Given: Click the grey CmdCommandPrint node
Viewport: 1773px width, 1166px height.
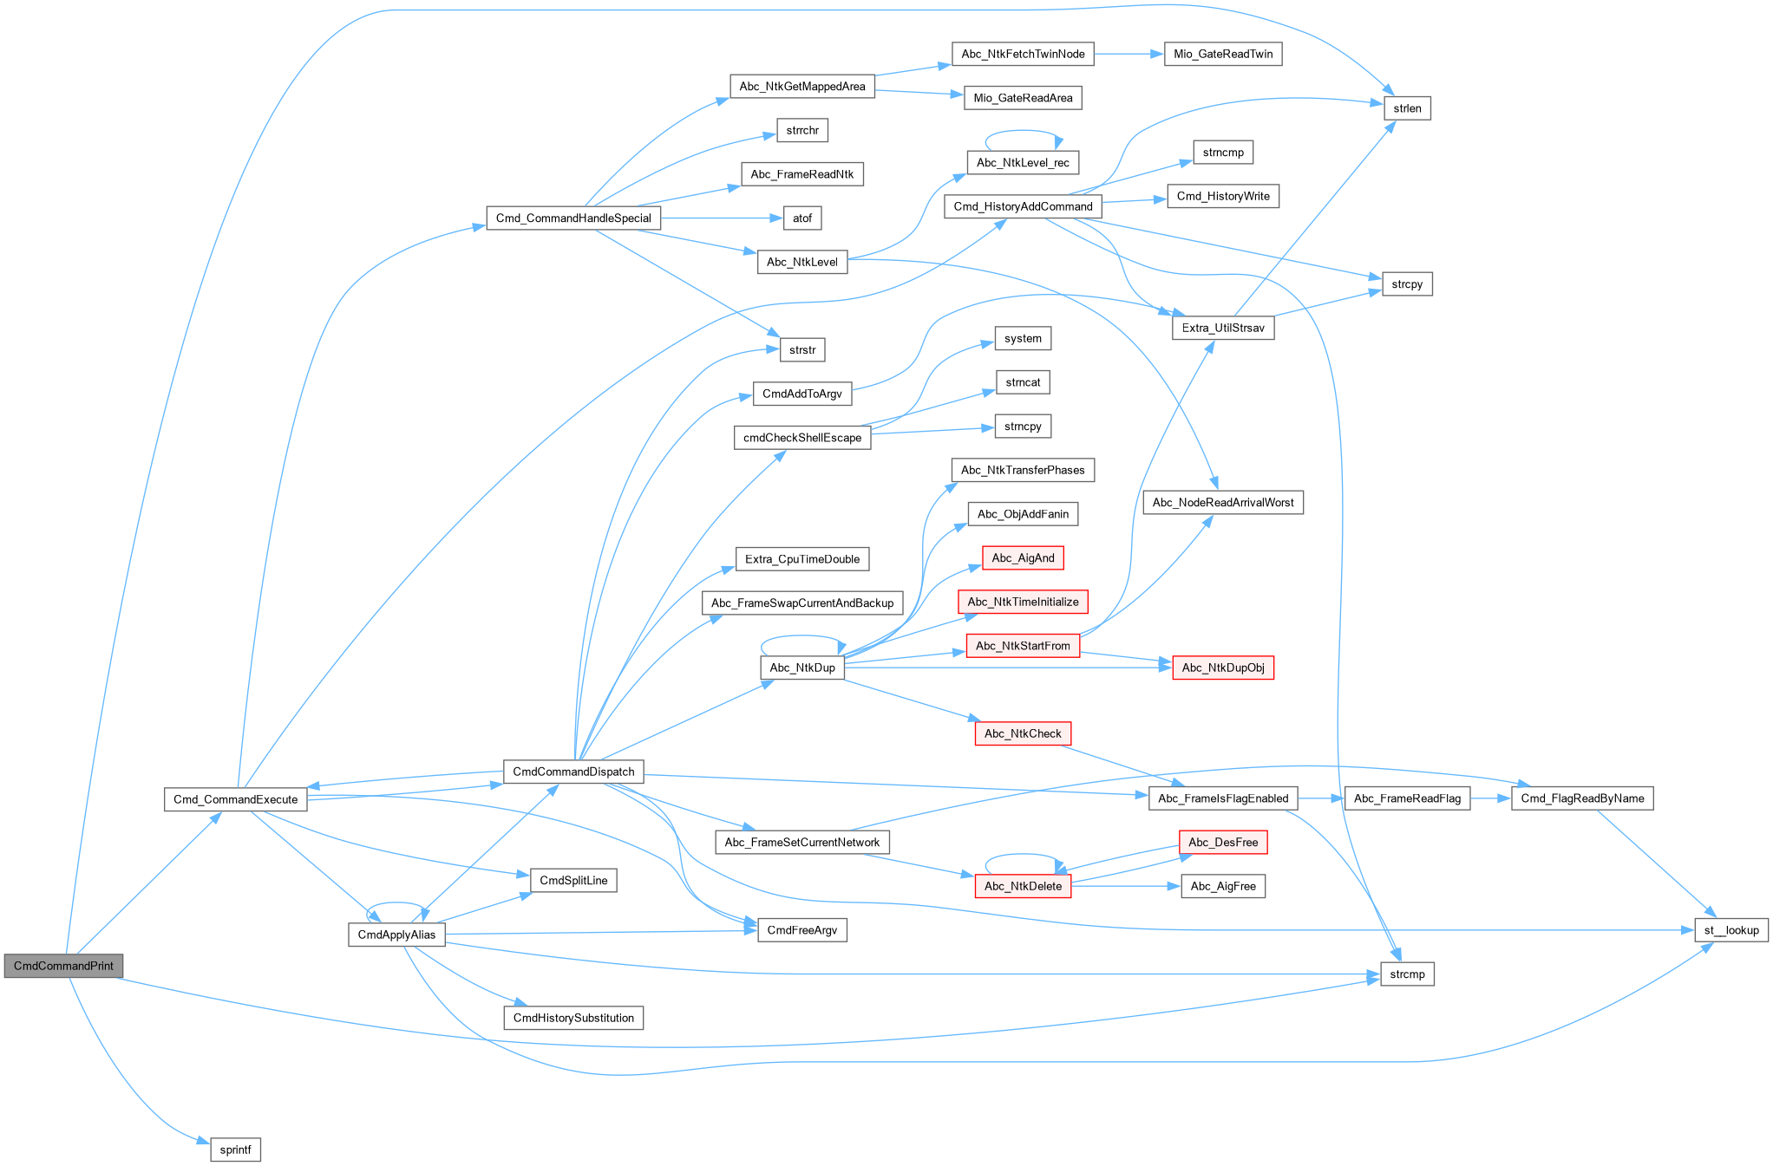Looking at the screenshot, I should [63, 966].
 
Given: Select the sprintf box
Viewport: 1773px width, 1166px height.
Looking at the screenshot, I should [235, 1150].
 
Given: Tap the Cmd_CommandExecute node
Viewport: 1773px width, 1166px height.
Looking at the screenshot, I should [235, 799].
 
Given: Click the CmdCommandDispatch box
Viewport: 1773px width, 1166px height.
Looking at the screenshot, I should [573, 772].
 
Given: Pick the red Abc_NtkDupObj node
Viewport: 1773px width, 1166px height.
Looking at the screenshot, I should [1223, 668].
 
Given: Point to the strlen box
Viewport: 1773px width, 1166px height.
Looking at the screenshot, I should [1407, 108].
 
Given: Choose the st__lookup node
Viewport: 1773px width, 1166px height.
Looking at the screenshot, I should [1731, 930].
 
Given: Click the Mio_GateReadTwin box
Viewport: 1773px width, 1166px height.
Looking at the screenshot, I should [1223, 54].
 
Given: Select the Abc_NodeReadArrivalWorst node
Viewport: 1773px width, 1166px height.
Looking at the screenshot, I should [1223, 502].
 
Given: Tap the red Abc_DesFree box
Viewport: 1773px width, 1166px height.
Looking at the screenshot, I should [1223, 842].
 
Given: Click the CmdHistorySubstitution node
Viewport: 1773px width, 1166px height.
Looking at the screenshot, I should [573, 1018].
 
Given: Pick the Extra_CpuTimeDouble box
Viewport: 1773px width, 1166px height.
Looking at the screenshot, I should [802, 559].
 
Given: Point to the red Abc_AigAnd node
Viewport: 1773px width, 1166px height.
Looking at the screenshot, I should [1023, 557].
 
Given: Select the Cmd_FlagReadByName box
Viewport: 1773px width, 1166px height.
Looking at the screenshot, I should [1582, 798].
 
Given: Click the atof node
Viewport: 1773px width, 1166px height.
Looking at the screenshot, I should [802, 218].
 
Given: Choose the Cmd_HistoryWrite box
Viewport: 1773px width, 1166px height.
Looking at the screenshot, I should [1223, 196].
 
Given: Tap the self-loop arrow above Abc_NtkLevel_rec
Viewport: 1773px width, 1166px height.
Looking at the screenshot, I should [1023, 132].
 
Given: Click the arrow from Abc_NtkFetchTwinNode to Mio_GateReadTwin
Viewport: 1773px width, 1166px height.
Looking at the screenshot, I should [1128, 54].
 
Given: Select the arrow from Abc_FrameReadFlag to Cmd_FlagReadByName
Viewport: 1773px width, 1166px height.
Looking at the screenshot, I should [1492, 798].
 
